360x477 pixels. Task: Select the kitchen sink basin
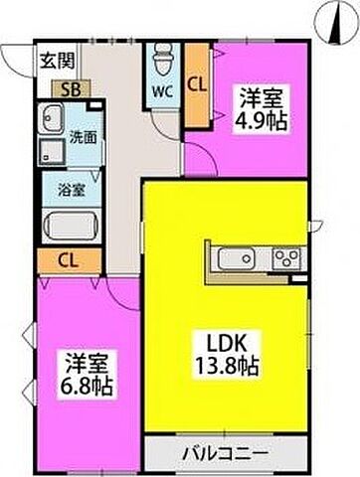(x=235, y=260)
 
